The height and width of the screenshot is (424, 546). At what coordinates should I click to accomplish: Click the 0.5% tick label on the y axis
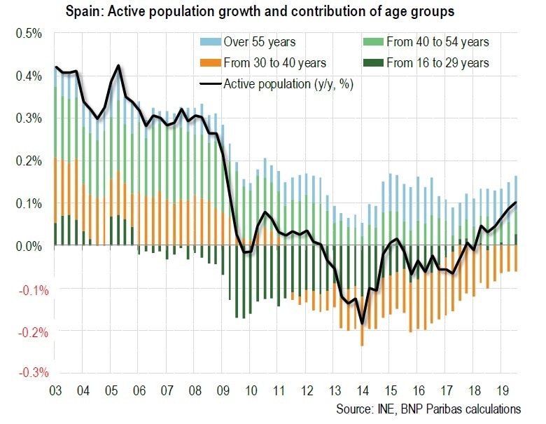[29, 33]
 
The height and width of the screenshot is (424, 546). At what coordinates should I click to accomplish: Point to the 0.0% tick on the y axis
[29, 246]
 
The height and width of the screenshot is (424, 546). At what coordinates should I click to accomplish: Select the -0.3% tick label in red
[27, 373]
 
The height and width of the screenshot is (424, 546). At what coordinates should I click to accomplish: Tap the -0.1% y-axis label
[27, 288]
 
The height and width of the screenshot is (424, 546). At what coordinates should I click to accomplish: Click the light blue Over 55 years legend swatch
[210, 43]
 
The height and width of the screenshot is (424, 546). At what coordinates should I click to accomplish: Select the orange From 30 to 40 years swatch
[210, 64]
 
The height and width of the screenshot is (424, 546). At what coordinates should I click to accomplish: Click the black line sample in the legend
[210, 85]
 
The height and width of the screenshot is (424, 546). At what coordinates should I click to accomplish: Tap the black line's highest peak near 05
[118, 66]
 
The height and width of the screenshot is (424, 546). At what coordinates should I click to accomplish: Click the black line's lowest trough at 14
[363, 323]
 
